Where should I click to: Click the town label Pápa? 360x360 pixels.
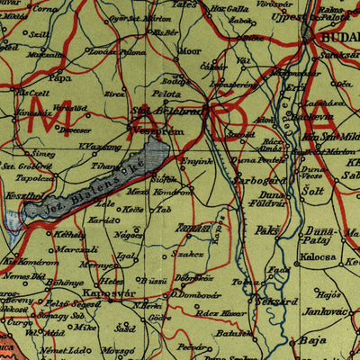click(59, 77)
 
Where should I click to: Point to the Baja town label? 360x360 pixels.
click(314, 342)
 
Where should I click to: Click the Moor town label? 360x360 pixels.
click(191, 52)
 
